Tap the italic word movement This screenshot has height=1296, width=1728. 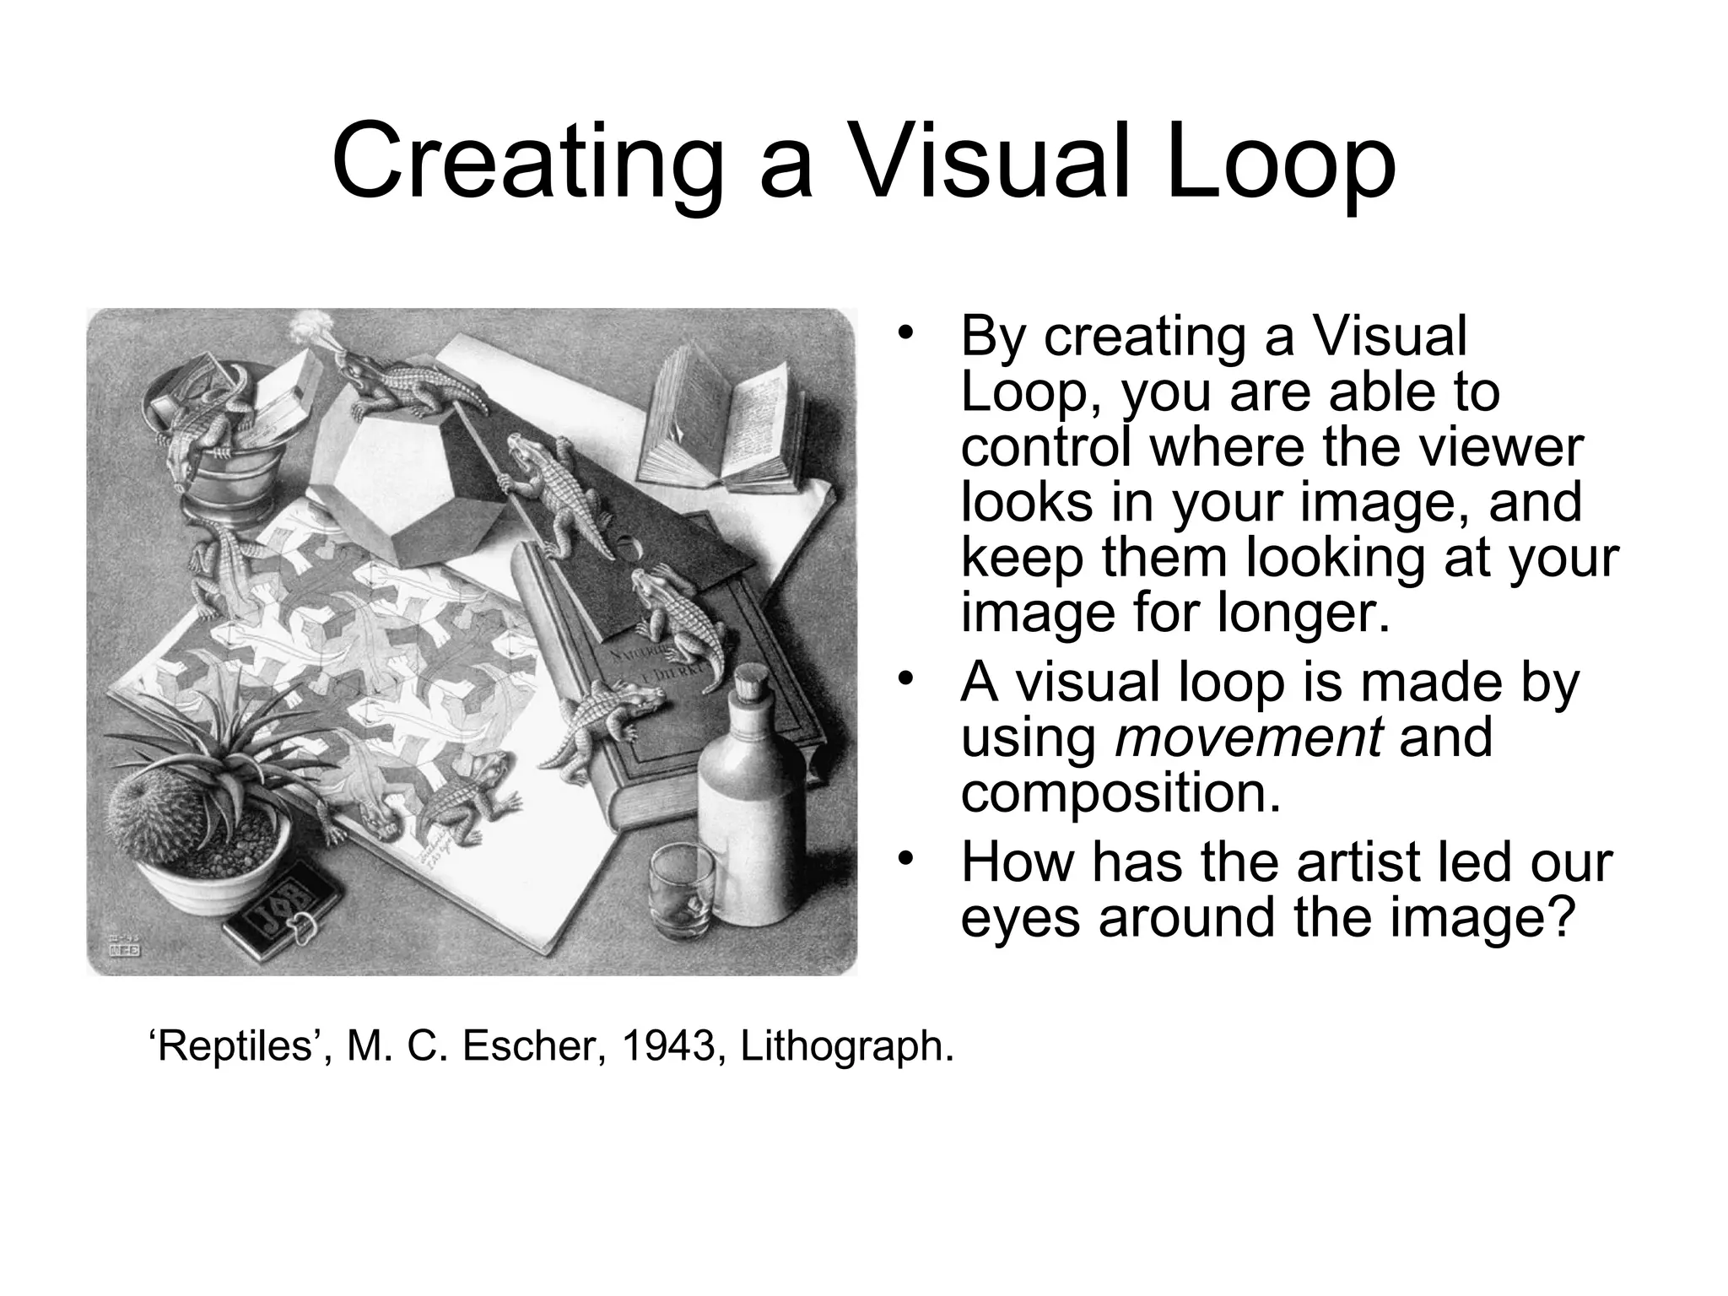tap(1249, 737)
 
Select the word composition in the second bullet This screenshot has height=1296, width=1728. tap(1120, 793)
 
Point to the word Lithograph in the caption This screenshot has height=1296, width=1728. tap(847, 1047)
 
